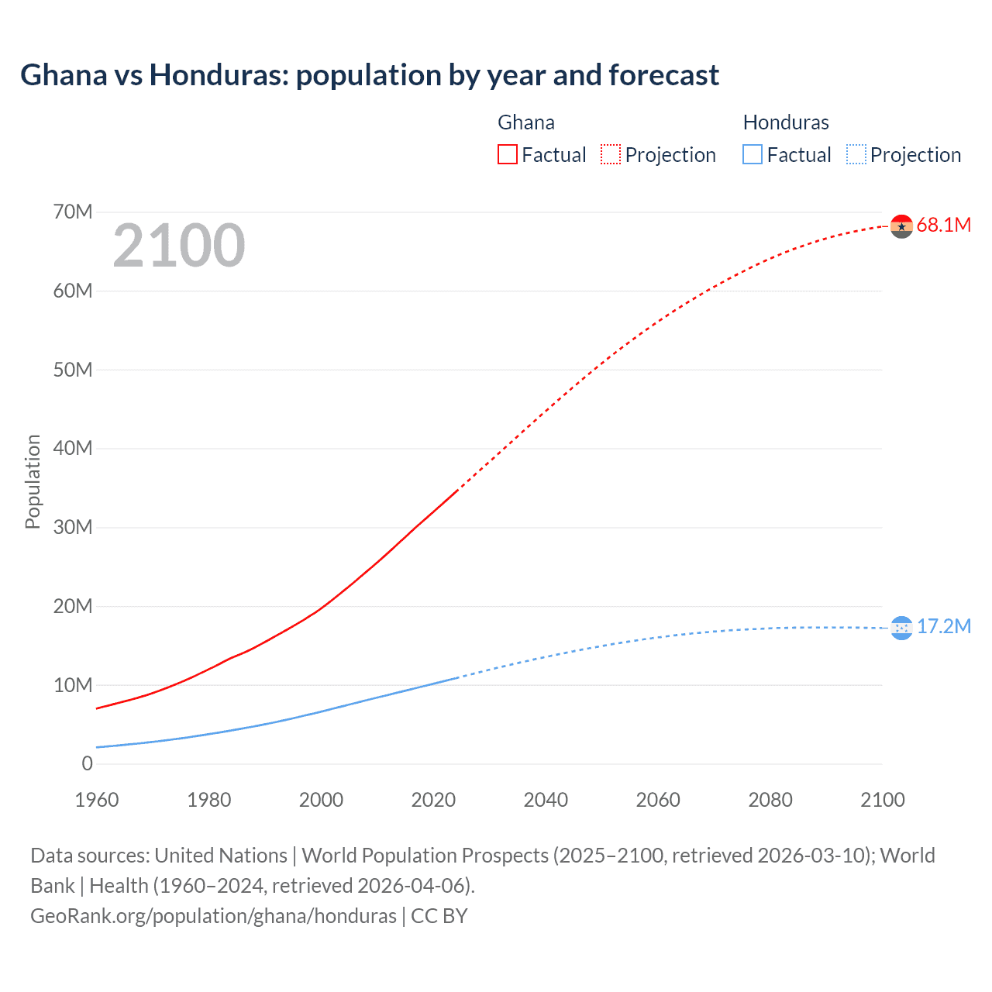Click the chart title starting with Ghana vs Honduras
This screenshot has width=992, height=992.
tap(370, 75)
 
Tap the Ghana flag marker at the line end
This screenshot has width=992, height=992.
tap(901, 226)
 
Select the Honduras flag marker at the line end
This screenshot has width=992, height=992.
tap(901, 628)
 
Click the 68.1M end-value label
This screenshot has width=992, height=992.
tap(943, 226)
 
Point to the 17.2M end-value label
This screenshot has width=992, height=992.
tap(943, 627)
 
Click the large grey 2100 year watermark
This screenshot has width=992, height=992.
tap(179, 246)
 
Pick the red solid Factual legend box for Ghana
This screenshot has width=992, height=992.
tap(507, 155)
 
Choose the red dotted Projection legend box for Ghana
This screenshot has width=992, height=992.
tap(611, 155)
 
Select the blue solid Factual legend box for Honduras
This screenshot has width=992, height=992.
tap(752, 155)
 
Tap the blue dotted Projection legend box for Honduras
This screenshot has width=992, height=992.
tap(856, 155)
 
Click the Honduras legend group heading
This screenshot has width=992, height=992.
tap(785, 122)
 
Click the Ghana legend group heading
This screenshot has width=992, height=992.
tap(525, 122)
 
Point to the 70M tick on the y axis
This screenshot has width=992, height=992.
tap(73, 212)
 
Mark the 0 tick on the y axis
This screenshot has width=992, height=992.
tap(87, 764)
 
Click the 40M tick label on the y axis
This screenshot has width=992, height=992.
tap(73, 449)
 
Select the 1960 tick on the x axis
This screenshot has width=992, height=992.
tap(97, 800)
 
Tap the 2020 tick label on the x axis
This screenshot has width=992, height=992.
tap(433, 800)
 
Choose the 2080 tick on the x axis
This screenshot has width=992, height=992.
tap(770, 800)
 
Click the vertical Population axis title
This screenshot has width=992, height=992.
tap(33, 481)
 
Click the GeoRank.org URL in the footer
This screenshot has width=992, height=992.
tap(213, 916)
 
